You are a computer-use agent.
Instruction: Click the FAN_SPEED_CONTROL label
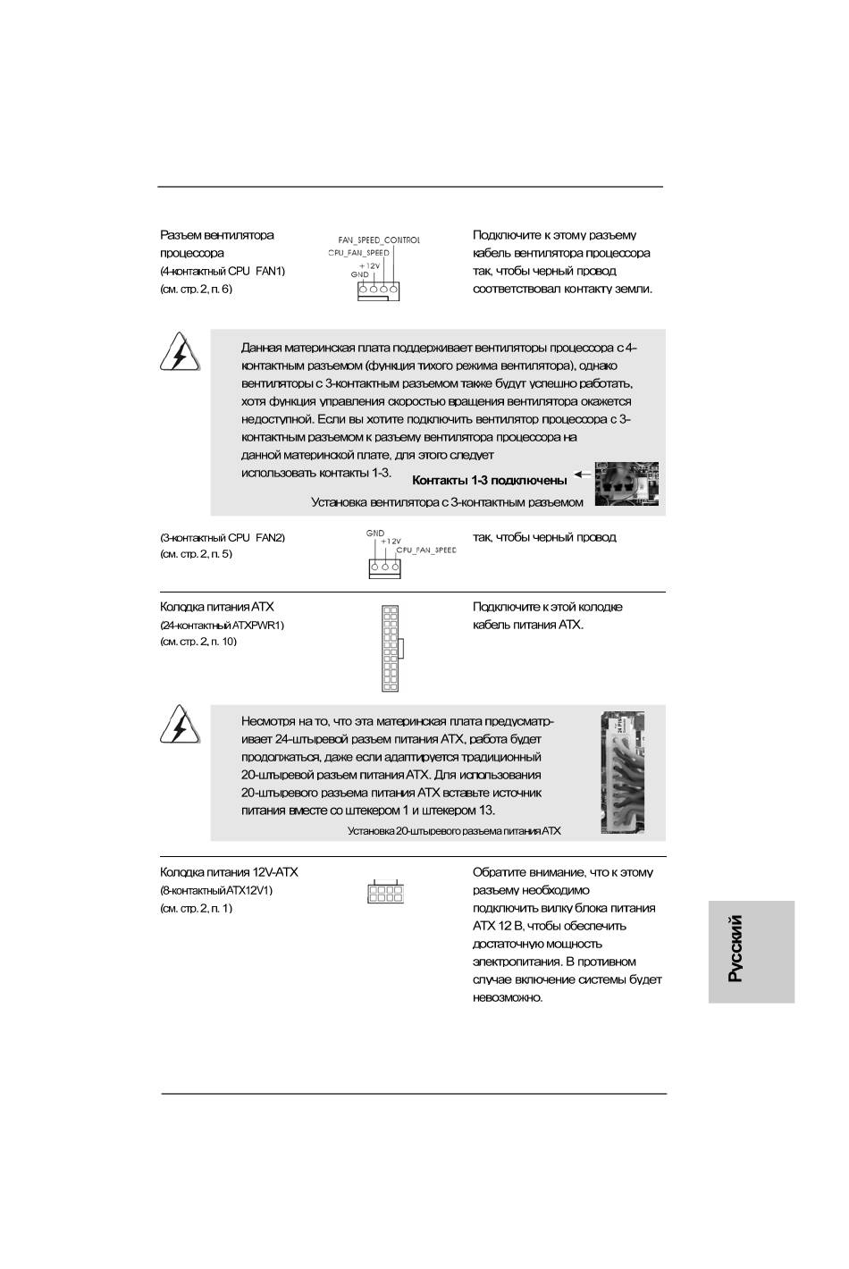tap(379, 240)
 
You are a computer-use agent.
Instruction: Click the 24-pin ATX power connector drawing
tap(390, 648)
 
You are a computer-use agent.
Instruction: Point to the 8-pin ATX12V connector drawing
tap(385, 892)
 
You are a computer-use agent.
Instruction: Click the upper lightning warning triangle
tap(180, 354)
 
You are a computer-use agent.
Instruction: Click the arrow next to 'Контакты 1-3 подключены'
tap(583, 474)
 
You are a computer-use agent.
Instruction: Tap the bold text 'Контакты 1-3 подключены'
tap(489, 481)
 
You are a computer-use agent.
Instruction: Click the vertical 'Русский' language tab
tap(751, 950)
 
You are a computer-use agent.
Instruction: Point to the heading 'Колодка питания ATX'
tap(216, 607)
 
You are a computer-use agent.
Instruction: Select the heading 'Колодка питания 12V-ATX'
tap(229, 871)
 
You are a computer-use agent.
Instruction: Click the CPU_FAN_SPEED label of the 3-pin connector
tap(426, 550)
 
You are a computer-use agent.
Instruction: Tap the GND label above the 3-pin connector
tap(375, 534)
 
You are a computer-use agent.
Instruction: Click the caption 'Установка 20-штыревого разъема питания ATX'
tap(454, 830)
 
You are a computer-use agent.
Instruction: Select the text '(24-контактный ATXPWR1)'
tap(222, 625)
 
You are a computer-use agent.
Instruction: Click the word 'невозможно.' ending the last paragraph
tap(508, 997)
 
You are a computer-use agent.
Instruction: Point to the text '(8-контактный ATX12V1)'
tap(216, 890)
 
